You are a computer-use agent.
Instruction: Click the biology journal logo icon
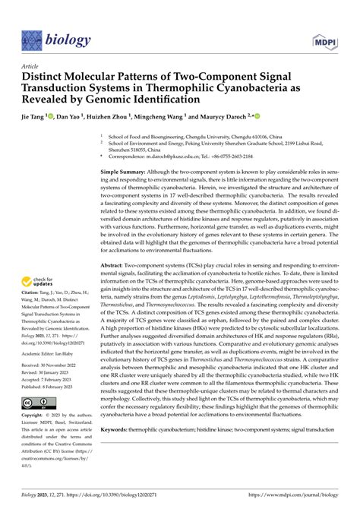pyautogui.click(x=32, y=38)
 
